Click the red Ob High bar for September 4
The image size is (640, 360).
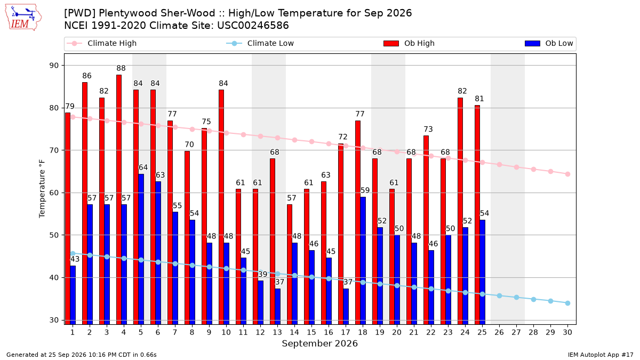(x=119, y=199)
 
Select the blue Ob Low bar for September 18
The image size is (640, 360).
(x=363, y=261)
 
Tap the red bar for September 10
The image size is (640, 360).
(x=221, y=207)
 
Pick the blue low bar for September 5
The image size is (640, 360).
(x=141, y=249)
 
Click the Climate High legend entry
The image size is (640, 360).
(x=101, y=43)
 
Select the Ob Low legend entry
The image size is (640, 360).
(x=549, y=43)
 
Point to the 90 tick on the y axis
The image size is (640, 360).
(x=54, y=66)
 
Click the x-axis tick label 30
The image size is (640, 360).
(x=567, y=332)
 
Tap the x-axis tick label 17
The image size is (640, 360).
(x=346, y=332)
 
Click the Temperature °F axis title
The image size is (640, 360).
(x=42, y=189)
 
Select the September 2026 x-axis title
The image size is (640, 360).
(x=319, y=343)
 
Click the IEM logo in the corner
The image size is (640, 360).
(x=23, y=18)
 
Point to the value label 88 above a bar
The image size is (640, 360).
(x=121, y=68)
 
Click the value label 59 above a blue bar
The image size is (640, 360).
(x=365, y=190)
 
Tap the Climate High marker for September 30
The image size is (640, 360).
(x=567, y=174)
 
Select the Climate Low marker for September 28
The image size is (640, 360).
(x=533, y=299)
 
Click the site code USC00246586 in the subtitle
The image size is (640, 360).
(x=253, y=26)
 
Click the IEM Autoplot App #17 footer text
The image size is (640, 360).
(x=601, y=355)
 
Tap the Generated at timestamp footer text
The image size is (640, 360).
(x=82, y=355)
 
